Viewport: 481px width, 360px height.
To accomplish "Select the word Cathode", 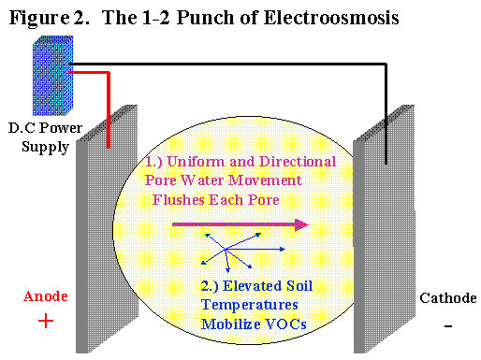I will [447, 298].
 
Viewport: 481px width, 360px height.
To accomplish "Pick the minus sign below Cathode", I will [448, 326].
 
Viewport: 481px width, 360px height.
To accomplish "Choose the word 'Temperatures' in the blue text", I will [243, 306].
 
